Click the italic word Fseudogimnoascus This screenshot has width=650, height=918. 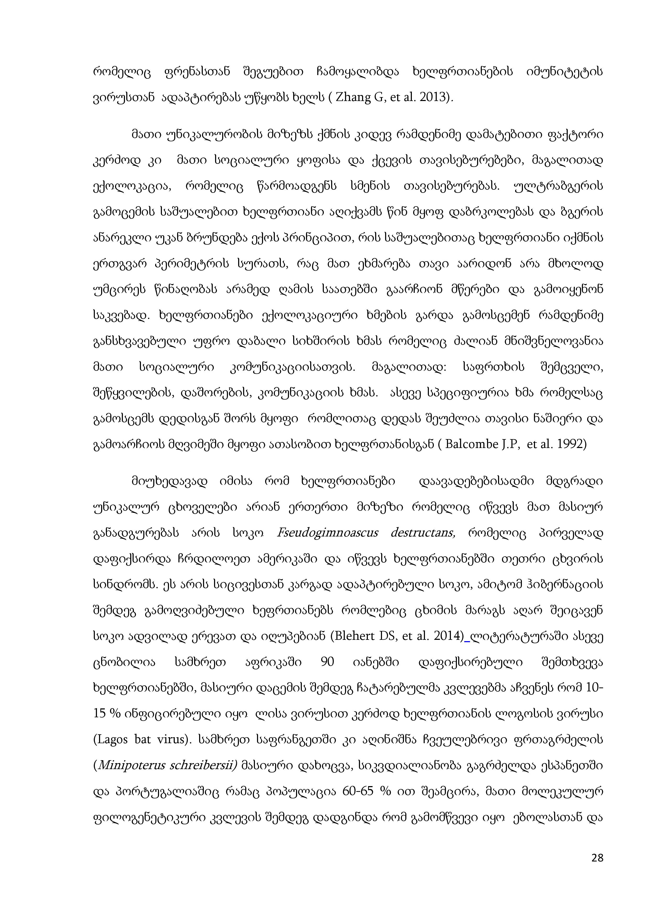(327, 533)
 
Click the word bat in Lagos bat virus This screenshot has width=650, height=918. (143, 739)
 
